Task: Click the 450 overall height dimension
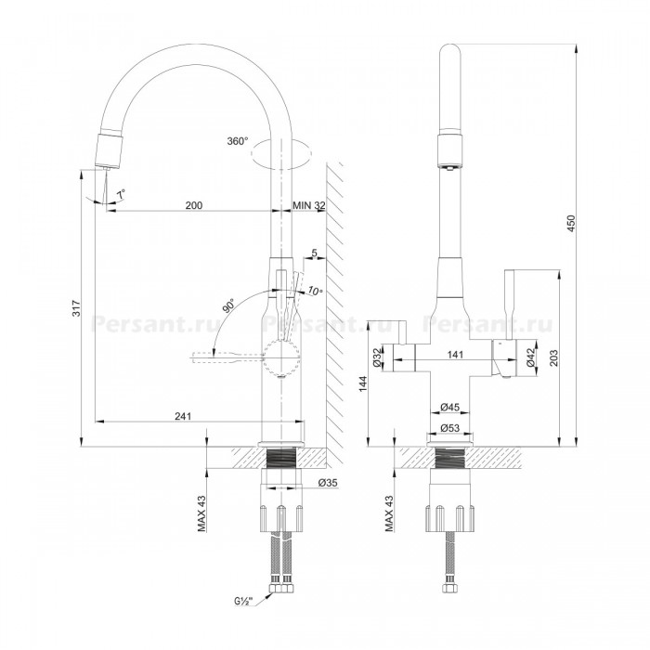pyautogui.click(x=571, y=223)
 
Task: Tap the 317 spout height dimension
pyautogui.click(x=77, y=308)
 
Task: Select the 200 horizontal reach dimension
pyautogui.click(x=193, y=205)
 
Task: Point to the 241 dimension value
pyautogui.click(x=183, y=416)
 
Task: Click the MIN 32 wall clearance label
pyautogui.click(x=309, y=205)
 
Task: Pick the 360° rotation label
pyautogui.click(x=238, y=141)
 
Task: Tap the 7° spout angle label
pyautogui.click(x=121, y=194)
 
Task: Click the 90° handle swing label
pyautogui.click(x=228, y=305)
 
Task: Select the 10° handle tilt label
pyautogui.click(x=315, y=292)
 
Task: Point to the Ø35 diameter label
pyautogui.click(x=328, y=483)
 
